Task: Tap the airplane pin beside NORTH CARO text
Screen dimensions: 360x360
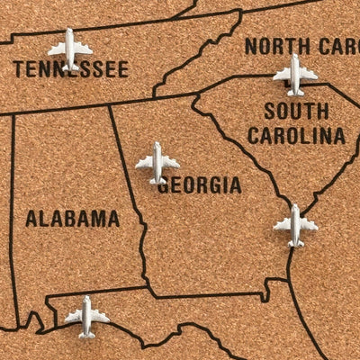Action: (x=295, y=73)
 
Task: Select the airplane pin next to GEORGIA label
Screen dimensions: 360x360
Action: (x=157, y=162)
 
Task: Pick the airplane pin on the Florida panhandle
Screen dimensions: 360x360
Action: (x=87, y=316)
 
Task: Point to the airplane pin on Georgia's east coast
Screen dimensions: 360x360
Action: (x=295, y=224)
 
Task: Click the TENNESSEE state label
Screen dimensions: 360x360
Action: (x=70, y=69)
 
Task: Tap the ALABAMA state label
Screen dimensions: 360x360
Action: (x=72, y=218)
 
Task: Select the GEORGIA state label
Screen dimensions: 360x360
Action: (x=199, y=185)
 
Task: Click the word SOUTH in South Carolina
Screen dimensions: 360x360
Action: (x=296, y=112)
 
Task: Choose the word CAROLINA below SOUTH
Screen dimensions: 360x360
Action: (x=296, y=136)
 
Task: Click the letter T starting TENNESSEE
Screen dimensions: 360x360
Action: (x=19, y=69)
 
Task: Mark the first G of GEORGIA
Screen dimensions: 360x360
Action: (x=164, y=185)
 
